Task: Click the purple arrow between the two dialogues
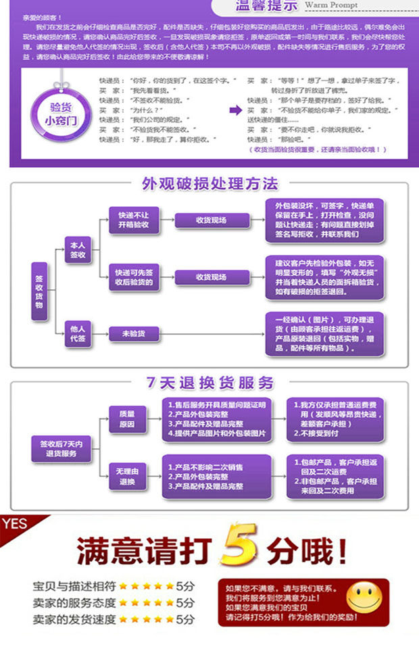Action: pos(235,110)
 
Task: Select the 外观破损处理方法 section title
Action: pos(209,184)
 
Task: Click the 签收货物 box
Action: pos(40,291)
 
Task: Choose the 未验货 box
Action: pos(132,333)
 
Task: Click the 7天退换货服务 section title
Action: pos(209,383)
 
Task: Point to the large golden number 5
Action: pos(241,545)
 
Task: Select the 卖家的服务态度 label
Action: pos(74,602)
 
